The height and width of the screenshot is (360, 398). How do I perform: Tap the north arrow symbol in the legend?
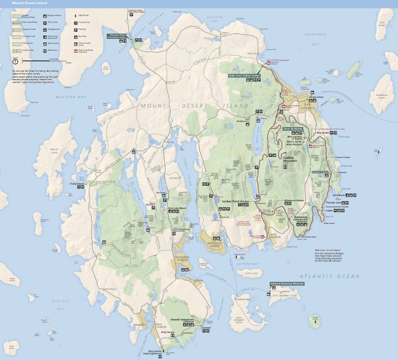pos(14,60)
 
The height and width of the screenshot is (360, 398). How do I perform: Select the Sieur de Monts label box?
pos(294,129)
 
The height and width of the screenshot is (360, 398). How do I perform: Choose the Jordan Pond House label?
pos(234,201)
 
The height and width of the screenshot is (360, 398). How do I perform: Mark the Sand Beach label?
pos(355,195)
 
